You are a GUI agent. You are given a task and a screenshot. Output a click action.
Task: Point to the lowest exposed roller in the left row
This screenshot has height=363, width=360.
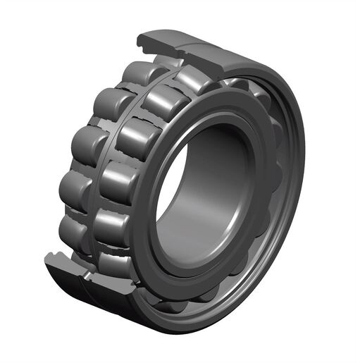pos(73,229)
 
